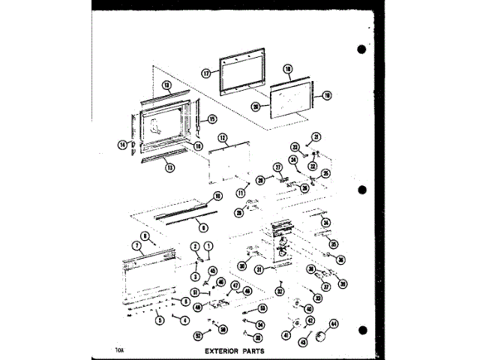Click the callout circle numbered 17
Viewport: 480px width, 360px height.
(204, 73)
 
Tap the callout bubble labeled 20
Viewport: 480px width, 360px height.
(255, 106)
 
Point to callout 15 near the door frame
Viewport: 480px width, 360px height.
(212, 118)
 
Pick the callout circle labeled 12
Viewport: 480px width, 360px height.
(223, 138)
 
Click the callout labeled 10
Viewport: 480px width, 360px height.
(217, 196)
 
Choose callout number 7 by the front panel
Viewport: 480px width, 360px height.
(137, 245)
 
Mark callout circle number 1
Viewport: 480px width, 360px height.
(209, 246)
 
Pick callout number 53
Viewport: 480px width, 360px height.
(262, 308)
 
